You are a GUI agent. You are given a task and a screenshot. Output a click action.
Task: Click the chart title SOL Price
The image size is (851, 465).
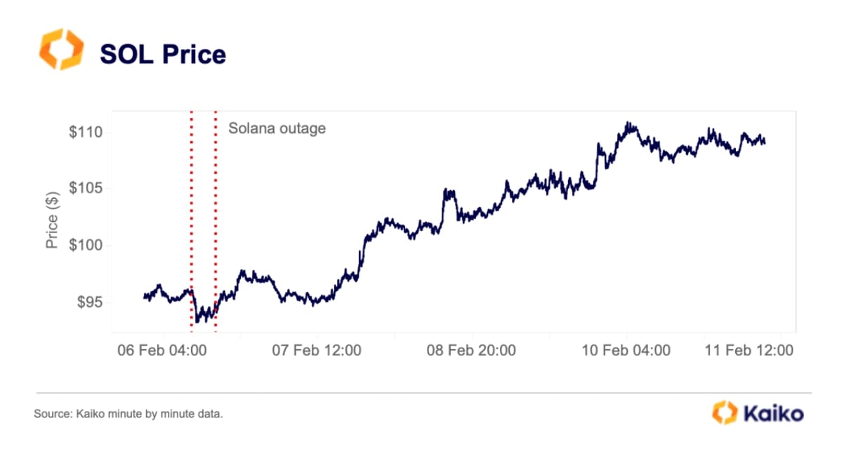pos(163,54)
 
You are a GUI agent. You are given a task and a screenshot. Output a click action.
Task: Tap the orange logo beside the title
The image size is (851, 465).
pos(60,50)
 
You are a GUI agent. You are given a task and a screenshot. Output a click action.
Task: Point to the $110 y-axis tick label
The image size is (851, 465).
pos(86,132)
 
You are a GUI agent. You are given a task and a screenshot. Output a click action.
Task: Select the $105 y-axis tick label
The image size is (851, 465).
pos(86,188)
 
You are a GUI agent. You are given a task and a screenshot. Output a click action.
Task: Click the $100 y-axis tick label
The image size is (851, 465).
pos(86,245)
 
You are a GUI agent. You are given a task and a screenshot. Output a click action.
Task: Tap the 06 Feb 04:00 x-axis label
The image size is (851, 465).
pos(161,350)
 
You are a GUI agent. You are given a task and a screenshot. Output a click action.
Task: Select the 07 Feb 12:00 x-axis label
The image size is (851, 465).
pos(317,350)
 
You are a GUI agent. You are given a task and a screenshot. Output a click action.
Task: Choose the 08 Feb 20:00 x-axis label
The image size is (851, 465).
pos(471,350)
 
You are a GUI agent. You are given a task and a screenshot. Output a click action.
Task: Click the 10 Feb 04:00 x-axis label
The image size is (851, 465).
pos(626,350)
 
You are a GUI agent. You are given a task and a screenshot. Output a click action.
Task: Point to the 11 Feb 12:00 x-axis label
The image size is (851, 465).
pos(748,350)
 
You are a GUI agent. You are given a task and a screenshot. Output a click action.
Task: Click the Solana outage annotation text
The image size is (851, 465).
pos(277,129)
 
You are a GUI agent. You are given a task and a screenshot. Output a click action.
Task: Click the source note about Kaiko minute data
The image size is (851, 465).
pos(128,415)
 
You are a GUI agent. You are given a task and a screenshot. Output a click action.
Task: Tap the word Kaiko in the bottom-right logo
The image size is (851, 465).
pos(773,414)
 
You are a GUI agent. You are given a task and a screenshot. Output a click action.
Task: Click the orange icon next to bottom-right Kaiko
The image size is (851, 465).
pos(725,413)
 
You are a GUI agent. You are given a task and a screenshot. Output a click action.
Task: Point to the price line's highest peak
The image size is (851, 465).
pos(628,123)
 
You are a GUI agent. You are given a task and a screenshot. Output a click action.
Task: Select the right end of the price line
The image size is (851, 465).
pos(765,143)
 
